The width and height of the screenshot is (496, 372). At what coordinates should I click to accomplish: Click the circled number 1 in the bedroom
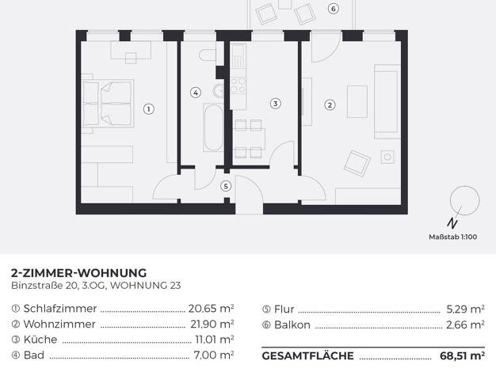click(x=149, y=109)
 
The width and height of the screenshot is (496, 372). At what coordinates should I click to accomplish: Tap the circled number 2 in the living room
click(x=330, y=105)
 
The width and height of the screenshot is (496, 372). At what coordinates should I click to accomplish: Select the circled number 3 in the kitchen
click(x=275, y=104)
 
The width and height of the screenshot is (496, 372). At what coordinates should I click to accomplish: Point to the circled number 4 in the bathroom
click(x=196, y=93)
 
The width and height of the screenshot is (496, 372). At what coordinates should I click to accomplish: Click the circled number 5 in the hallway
click(x=226, y=186)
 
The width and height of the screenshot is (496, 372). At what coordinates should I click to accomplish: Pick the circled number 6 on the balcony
click(x=333, y=9)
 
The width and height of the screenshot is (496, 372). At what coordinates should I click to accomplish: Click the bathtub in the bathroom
click(x=213, y=127)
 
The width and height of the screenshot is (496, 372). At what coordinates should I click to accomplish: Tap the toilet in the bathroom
click(x=208, y=55)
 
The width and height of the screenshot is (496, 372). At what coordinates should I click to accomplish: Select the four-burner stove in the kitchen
click(x=238, y=86)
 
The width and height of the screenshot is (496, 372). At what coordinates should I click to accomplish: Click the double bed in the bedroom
click(x=108, y=104)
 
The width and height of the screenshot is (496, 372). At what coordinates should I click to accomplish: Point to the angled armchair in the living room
click(x=357, y=163)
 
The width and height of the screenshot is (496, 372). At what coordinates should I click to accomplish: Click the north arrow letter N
click(x=452, y=223)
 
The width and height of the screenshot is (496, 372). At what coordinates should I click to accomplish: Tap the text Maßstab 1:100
click(x=453, y=237)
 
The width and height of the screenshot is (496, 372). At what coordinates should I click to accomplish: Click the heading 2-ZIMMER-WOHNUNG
click(x=78, y=273)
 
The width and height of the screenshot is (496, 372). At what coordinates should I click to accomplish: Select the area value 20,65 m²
click(x=211, y=308)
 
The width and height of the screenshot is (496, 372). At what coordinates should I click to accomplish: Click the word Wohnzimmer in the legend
click(x=59, y=324)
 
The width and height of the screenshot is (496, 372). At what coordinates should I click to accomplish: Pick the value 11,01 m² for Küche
click(x=215, y=340)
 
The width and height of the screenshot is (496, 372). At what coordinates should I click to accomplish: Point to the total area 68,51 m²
click(x=462, y=356)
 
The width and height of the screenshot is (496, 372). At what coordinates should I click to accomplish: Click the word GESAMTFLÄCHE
click(x=307, y=356)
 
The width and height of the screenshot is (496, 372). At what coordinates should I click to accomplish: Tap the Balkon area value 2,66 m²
click(x=465, y=325)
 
